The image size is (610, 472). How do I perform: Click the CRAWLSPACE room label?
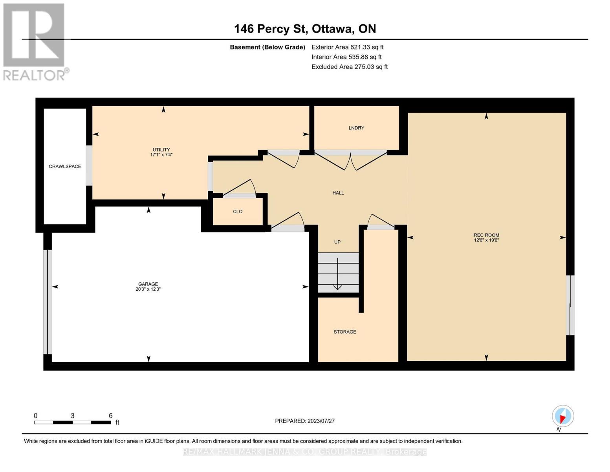[x=65, y=166]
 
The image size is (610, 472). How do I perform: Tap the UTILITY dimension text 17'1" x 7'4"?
[x=161, y=155]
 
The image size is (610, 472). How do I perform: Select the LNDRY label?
[x=356, y=128]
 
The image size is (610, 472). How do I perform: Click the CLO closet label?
[x=238, y=212]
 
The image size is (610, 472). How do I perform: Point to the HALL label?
[x=338, y=193]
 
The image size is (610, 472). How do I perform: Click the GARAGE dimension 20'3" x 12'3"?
[x=148, y=289]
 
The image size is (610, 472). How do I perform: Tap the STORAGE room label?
[x=345, y=332]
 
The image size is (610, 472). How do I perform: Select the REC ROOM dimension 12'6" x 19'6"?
[x=486, y=240]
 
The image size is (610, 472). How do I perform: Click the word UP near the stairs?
[x=337, y=242]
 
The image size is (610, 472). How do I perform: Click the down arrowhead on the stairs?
[x=337, y=288]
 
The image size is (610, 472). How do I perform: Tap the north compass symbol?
[x=562, y=416]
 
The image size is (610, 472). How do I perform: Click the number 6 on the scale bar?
[x=111, y=416]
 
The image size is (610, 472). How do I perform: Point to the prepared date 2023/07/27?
[x=321, y=421]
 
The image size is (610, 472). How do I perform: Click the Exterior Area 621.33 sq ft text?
[x=347, y=47]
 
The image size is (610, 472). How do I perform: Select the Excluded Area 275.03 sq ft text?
[x=349, y=67]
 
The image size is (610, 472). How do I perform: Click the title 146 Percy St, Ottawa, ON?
[x=305, y=29]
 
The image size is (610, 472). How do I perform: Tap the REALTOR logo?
[x=35, y=41]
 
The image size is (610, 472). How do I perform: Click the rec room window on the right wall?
[x=570, y=305]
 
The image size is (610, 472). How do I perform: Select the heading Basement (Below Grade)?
[x=267, y=47]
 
